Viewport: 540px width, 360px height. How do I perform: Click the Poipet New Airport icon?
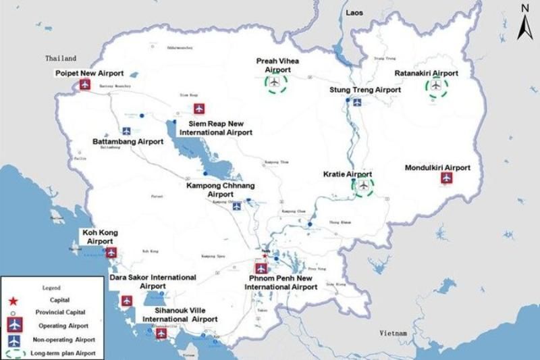pyautogui.click(x=85, y=84)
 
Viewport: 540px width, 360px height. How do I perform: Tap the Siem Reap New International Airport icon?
pyautogui.click(x=199, y=109)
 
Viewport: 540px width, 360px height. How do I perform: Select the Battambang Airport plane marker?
pyautogui.click(x=126, y=131)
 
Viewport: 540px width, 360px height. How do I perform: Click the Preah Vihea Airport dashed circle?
pyautogui.click(x=275, y=83)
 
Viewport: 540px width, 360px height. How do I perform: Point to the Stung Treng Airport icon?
pyautogui.click(x=357, y=103)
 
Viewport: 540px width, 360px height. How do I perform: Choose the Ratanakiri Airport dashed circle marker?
pyautogui.click(x=437, y=86)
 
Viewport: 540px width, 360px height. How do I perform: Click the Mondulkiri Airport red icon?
pyautogui.click(x=446, y=178)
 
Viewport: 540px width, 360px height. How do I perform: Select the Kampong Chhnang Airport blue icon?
pyautogui.click(x=236, y=207)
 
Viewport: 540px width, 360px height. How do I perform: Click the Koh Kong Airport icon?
pyautogui.click(x=111, y=253)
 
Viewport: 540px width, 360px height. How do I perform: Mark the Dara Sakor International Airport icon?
pyautogui.click(x=126, y=301)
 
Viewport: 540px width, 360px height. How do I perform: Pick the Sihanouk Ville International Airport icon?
pyautogui.click(x=161, y=333)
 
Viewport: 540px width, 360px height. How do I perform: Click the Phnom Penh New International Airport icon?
pyautogui.click(x=261, y=268)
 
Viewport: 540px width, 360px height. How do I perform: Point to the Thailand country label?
pyautogui.click(x=61, y=59)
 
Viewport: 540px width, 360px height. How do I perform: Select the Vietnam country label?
pyautogui.click(x=393, y=333)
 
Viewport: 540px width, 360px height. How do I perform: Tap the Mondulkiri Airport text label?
pyautogui.click(x=437, y=168)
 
